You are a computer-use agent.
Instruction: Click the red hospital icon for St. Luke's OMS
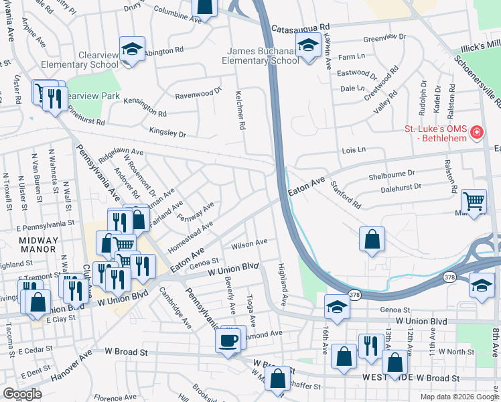tap(476, 133)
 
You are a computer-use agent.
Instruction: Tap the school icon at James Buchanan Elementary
tap(307, 46)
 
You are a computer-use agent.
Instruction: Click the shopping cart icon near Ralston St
tap(474, 200)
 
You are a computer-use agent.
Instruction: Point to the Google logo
tap(22, 394)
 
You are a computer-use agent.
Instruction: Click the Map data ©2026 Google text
tap(459, 397)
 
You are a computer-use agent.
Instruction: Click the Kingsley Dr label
tap(167, 133)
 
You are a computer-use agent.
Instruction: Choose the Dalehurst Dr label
tap(401, 189)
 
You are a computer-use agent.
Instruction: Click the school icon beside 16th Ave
tap(337, 307)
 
